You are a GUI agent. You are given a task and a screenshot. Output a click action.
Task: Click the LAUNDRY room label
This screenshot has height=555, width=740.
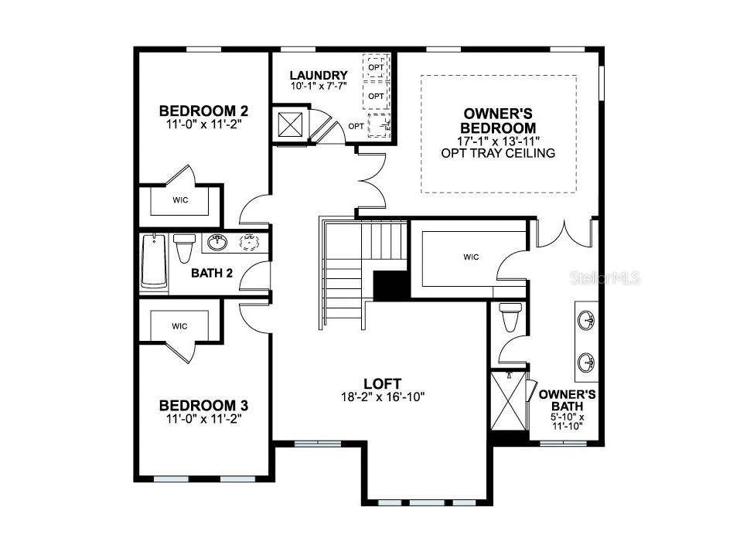(318, 75)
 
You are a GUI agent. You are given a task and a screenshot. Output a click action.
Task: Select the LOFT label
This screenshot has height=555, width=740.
(383, 383)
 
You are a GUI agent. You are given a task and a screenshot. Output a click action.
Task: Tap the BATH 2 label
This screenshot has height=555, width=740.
(212, 272)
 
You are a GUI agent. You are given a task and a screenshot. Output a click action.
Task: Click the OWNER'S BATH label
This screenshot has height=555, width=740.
(567, 400)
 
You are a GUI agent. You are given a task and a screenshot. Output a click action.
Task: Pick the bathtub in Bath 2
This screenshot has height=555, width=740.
(155, 262)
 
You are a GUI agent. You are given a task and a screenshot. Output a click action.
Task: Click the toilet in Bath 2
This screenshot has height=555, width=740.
(184, 247)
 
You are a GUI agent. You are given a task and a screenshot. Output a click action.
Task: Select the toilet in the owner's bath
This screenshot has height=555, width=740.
(510, 317)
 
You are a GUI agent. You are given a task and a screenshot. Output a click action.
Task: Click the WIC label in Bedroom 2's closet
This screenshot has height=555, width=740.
(180, 200)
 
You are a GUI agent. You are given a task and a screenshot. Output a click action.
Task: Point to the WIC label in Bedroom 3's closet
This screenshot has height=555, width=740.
(180, 326)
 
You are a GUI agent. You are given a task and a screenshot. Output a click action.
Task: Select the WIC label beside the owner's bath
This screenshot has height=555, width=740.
(471, 257)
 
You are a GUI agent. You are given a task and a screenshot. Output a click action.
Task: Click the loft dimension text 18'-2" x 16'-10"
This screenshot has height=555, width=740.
(383, 397)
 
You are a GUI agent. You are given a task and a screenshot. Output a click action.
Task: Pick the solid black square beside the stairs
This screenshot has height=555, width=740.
(390, 285)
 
